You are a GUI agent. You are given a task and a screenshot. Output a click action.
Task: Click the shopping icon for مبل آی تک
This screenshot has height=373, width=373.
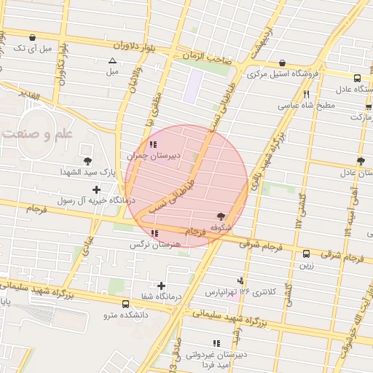[31, 37]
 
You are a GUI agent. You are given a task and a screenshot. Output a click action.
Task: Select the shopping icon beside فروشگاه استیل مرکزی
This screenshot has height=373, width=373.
[282, 63]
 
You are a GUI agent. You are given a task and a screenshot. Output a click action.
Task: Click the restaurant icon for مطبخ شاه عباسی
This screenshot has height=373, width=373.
[307, 94]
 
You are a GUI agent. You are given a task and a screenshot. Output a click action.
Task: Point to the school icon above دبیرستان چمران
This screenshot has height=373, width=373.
[152, 144]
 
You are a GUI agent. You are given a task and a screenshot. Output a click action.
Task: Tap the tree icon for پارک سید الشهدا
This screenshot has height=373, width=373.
[88, 160]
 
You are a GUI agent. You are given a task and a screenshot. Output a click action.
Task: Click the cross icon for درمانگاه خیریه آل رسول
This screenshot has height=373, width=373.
[96, 189]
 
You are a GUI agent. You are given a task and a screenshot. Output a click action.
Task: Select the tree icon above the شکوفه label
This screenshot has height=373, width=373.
[221, 216]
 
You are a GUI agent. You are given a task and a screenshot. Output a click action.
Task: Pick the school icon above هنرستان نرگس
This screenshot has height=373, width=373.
[154, 234]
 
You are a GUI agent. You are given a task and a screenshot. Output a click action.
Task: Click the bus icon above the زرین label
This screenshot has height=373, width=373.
[306, 254]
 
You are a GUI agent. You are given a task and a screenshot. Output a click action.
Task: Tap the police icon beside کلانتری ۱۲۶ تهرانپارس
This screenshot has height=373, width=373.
[241, 280]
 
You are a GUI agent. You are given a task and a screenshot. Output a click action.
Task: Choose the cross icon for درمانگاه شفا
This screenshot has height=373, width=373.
[162, 286]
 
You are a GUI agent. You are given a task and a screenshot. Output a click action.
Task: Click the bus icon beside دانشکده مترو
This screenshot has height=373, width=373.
[126, 304]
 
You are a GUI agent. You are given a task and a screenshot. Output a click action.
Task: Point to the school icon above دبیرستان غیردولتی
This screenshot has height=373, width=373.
[216, 343]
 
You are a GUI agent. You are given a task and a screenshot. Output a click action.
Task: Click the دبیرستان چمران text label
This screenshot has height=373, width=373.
[148, 155]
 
